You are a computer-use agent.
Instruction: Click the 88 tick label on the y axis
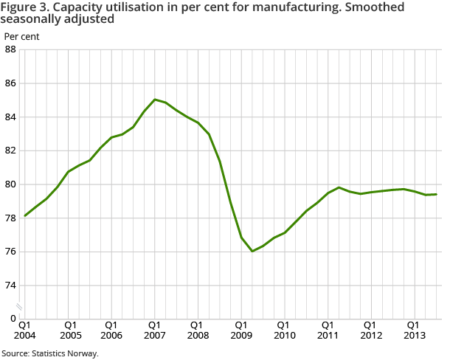(x=11, y=49)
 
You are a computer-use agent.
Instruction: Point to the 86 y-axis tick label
(x=11, y=83)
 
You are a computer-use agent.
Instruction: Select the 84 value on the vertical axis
(x=11, y=117)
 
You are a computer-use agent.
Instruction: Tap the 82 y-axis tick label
(x=11, y=150)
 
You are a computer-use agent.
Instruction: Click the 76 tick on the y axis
(x=11, y=252)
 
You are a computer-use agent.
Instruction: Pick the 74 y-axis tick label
(x=11, y=285)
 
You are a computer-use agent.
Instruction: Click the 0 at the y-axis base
(x=14, y=319)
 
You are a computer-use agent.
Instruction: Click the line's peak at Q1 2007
(x=154, y=100)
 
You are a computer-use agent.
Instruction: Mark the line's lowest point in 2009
(x=252, y=251)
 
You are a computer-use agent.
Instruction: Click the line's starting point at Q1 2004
(x=25, y=215)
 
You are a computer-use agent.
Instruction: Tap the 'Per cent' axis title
(x=22, y=35)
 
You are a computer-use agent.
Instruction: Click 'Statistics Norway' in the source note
(x=65, y=353)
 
